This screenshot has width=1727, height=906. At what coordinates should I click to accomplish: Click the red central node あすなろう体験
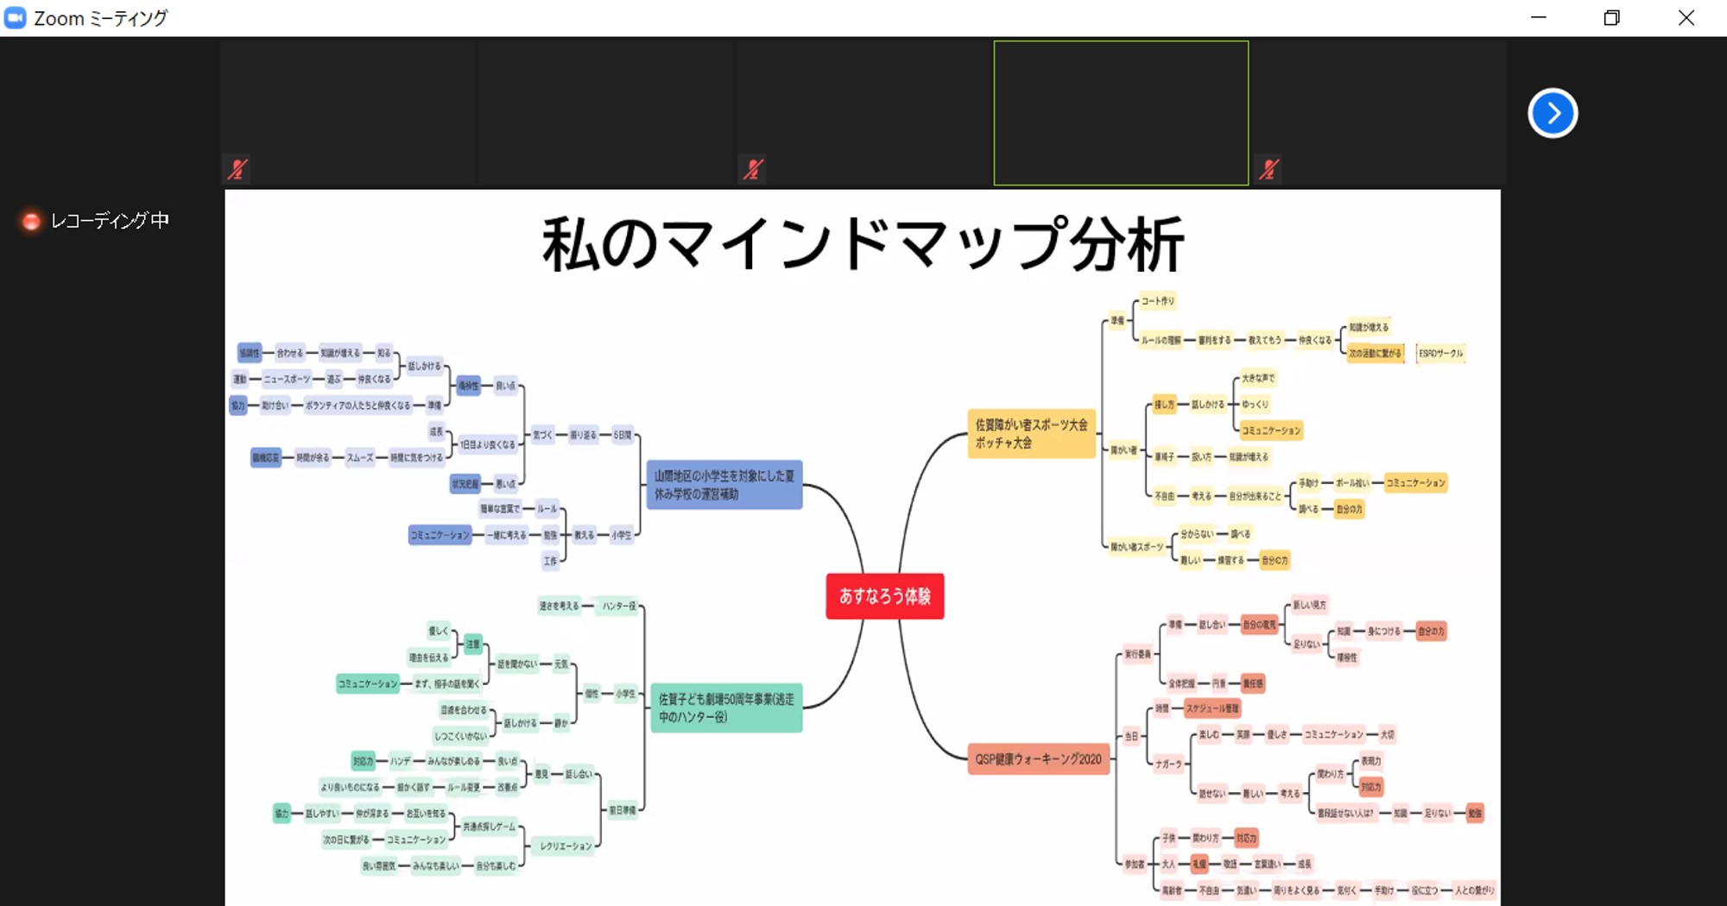pyautogui.click(x=884, y=596)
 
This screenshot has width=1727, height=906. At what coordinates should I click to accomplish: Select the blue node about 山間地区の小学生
pyautogui.click(x=724, y=485)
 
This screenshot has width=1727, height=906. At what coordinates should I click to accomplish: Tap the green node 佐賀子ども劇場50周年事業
pyautogui.click(x=726, y=708)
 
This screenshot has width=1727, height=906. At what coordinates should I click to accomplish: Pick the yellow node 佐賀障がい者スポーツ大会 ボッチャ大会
pyautogui.click(x=1031, y=433)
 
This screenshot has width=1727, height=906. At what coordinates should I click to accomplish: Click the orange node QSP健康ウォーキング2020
pyautogui.click(x=1038, y=759)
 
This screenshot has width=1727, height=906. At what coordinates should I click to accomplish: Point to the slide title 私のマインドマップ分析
pyautogui.click(x=863, y=244)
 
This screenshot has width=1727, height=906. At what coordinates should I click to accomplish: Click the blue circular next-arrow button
pyautogui.click(x=1553, y=113)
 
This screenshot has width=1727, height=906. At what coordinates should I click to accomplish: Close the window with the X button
pyautogui.click(x=1686, y=18)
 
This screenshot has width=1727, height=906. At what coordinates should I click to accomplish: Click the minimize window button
pyautogui.click(x=1538, y=18)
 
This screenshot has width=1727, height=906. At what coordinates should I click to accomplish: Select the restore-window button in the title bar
pyautogui.click(x=1611, y=18)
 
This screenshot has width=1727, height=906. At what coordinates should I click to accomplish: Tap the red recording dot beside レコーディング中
pyautogui.click(x=31, y=222)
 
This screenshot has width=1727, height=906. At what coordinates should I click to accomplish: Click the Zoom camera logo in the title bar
pyautogui.click(x=16, y=18)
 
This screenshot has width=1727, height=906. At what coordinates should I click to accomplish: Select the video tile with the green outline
pyautogui.click(x=1121, y=113)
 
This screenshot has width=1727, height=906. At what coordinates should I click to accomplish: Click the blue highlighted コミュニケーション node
pyautogui.click(x=440, y=536)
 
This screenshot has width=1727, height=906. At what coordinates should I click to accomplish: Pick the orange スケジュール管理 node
pyautogui.click(x=1212, y=708)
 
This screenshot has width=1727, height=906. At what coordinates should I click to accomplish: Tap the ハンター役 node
pyautogui.click(x=619, y=607)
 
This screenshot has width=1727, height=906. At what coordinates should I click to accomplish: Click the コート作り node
pyautogui.click(x=1158, y=301)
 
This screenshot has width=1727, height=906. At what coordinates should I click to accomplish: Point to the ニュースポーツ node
pyautogui.click(x=288, y=379)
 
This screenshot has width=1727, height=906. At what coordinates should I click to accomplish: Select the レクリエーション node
pyautogui.click(x=566, y=846)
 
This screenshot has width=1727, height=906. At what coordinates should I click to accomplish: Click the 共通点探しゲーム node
pyautogui.click(x=489, y=827)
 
